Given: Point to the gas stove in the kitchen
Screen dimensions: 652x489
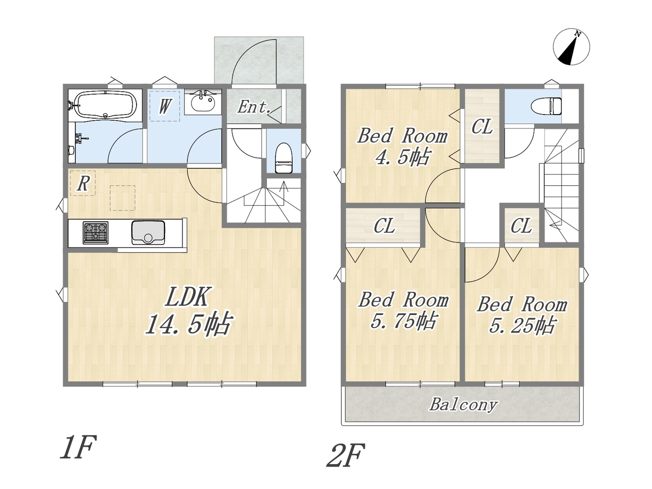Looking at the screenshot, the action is (x=96, y=233).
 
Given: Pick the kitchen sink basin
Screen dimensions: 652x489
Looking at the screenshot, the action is (x=148, y=232).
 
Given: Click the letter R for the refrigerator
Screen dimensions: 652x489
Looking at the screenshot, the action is (x=83, y=183).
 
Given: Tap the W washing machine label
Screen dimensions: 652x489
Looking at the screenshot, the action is (x=164, y=106).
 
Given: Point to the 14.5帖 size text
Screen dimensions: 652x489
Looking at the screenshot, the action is (x=188, y=325).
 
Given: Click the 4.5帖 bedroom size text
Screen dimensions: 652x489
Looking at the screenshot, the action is (x=402, y=157).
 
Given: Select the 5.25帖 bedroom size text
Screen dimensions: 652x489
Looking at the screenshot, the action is (x=522, y=325).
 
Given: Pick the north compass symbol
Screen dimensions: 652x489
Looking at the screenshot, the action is (x=571, y=47).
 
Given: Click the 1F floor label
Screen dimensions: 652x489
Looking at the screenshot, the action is (x=78, y=447).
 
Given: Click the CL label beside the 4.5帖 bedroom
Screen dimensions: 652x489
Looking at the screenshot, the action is (x=482, y=126).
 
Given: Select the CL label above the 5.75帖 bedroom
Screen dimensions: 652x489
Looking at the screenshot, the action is (x=384, y=226).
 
